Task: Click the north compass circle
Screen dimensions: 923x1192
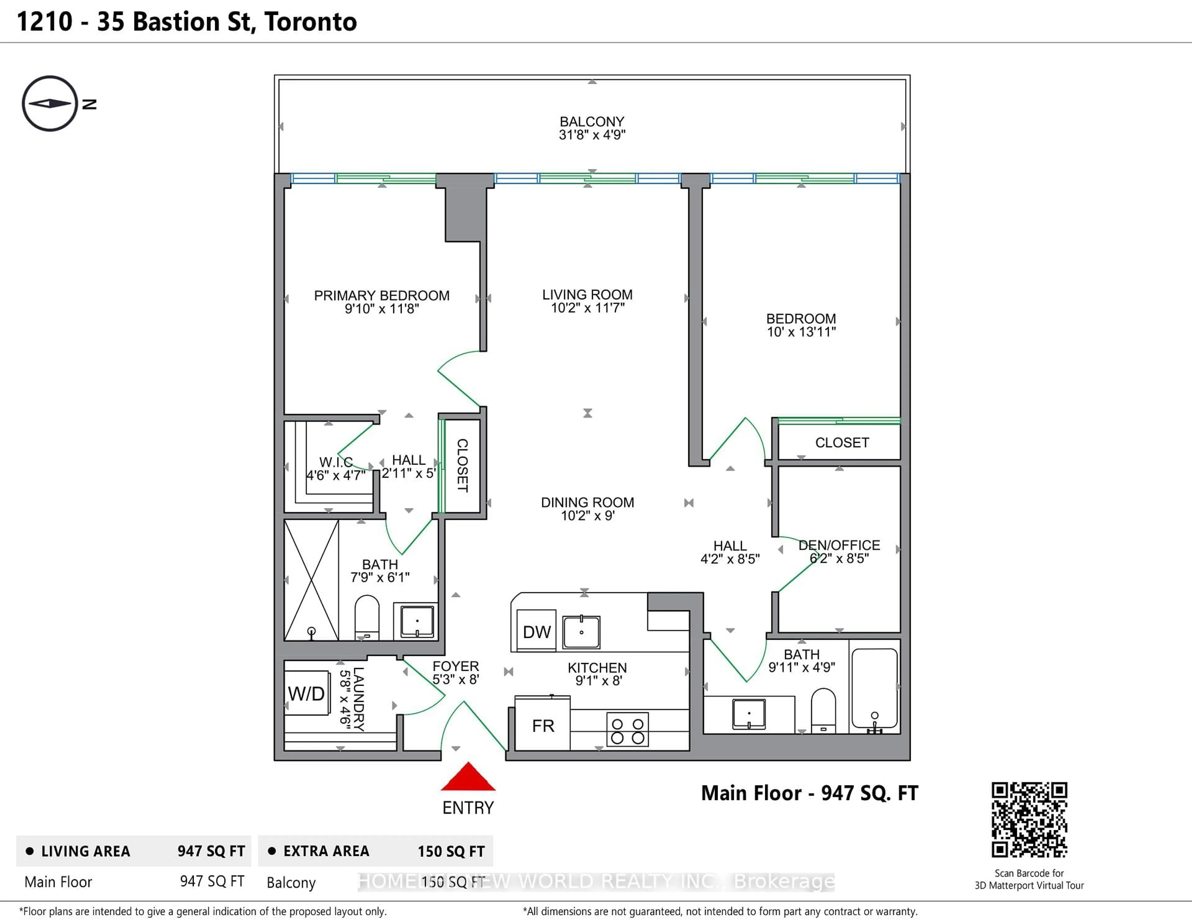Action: coord(50,103)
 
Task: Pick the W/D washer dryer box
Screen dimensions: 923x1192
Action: coord(307,693)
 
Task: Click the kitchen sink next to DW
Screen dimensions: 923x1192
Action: coord(581,632)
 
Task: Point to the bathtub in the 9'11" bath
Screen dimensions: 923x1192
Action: coord(874,688)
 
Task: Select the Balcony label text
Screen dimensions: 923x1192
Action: coord(592,121)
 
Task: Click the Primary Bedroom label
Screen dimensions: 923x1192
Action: coord(382,295)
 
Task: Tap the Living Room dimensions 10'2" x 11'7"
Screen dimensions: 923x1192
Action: coord(587,308)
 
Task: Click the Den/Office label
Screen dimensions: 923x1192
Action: coord(839,545)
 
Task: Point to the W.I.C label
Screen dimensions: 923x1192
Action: coord(336,462)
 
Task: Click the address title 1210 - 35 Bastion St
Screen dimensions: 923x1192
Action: coord(187,22)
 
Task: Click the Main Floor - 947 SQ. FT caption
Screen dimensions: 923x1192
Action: coord(809,793)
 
